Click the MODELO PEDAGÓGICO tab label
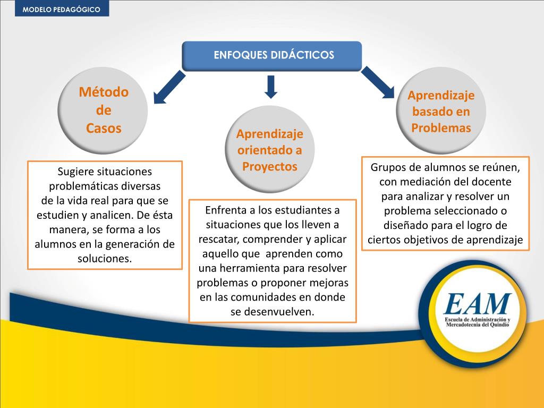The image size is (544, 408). click(62, 10)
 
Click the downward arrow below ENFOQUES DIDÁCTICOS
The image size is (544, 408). click(271, 87)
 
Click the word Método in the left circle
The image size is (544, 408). click(104, 92)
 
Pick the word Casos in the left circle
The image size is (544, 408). click(104, 128)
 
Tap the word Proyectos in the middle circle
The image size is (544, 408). click(270, 166)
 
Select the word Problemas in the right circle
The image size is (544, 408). click(441, 128)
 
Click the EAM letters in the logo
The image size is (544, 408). click(478, 304)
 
